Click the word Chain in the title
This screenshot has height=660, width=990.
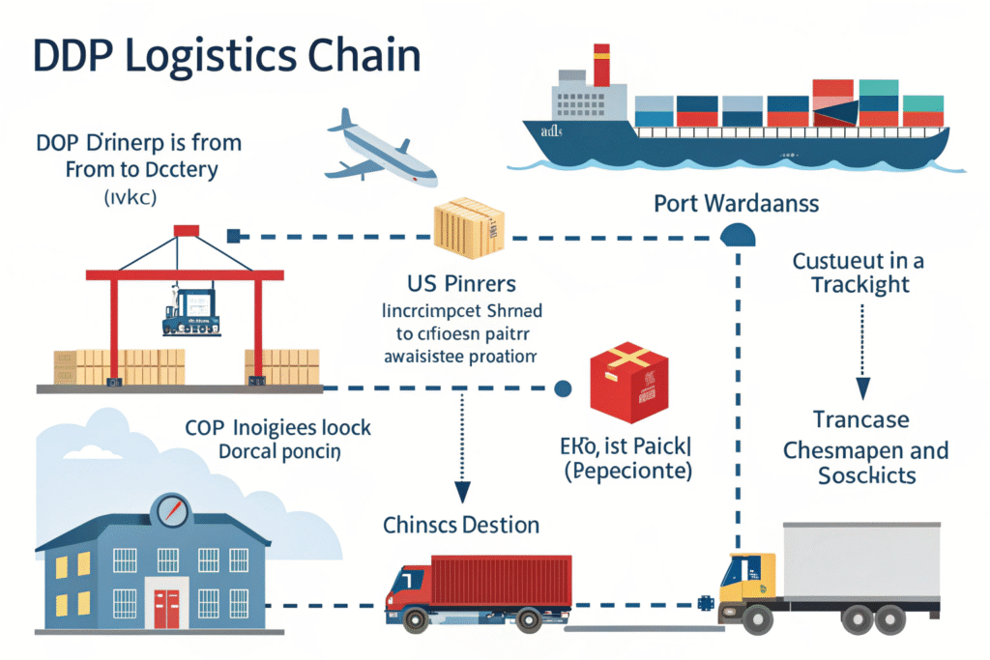(x=362, y=56)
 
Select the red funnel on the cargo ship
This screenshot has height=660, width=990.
(x=601, y=65)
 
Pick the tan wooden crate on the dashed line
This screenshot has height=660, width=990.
(x=469, y=229)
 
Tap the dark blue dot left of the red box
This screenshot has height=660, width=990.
(x=562, y=388)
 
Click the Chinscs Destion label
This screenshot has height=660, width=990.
(x=460, y=525)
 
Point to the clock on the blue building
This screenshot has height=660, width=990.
(x=172, y=510)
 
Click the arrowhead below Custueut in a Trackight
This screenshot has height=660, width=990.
(x=862, y=387)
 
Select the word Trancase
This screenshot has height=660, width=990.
(x=860, y=420)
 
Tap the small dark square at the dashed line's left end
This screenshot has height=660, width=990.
(x=232, y=235)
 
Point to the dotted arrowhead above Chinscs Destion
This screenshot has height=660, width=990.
(x=461, y=492)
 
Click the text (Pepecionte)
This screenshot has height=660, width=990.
(x=629, y=473)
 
